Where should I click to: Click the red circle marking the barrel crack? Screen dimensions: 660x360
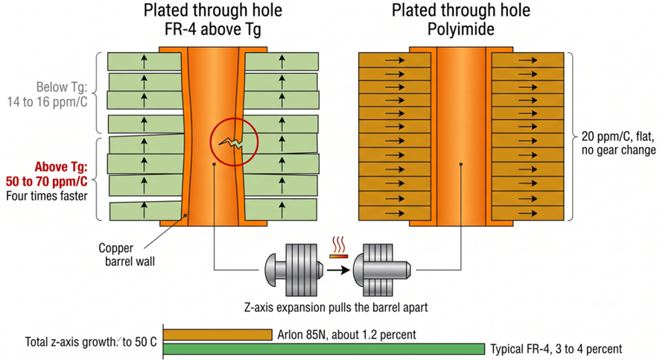coord(211,142)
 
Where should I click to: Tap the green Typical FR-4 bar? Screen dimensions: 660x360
coord(324,349)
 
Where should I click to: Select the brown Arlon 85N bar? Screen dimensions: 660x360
coord(218,335)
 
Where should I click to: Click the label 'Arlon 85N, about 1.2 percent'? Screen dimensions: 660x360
coord(346,335)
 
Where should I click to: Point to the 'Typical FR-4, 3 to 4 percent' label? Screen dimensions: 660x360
coord(556,349)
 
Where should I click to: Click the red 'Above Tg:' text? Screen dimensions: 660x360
coord(61,167)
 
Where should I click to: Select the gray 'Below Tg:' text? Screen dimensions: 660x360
coord(61,87)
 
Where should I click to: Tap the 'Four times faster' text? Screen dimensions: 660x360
coord(47,196)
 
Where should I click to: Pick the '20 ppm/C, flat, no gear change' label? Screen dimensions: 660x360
coord(618,143)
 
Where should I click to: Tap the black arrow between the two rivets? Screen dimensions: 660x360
coord(338,270)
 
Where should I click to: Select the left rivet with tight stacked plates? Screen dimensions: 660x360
coord(294,270)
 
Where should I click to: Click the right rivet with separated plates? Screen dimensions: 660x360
coord(381,270)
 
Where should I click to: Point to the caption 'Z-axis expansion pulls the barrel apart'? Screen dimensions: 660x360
coord(336,307)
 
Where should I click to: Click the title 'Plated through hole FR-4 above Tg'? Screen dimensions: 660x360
coord(213,20)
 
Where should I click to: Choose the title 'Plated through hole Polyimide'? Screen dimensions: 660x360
coord(461,20)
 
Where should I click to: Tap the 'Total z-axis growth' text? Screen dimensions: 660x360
coord(70,341)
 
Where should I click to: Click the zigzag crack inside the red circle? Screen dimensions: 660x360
coord(231,143)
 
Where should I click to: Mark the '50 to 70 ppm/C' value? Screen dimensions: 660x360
coord(47,181)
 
